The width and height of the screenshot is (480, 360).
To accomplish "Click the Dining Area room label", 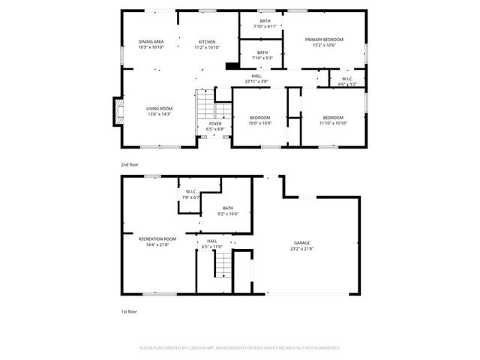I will [151, 41].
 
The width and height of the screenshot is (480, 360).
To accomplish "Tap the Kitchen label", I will [207, 41].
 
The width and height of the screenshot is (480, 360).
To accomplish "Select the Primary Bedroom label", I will [324, 39].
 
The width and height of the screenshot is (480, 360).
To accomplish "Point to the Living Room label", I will [159, 109].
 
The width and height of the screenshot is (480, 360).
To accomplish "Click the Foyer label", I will [215, 124].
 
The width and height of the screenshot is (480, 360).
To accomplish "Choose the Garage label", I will [302, 243].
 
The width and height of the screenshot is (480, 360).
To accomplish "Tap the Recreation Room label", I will [151, 239].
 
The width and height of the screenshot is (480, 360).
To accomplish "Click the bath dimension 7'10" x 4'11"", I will [265, 26].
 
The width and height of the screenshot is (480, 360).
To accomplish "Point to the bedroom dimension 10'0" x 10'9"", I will [259, 122].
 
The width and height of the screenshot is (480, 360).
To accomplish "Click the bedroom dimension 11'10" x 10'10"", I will [333, 122].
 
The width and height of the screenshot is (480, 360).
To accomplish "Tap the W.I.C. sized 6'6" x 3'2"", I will [347, 84].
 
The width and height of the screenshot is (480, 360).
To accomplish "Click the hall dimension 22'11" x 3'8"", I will [256, 81].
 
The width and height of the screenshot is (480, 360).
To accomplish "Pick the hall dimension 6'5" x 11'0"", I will [212, 246].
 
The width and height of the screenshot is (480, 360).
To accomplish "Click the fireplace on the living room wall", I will [118, 111].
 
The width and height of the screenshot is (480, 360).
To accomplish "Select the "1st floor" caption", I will [130, 310].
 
